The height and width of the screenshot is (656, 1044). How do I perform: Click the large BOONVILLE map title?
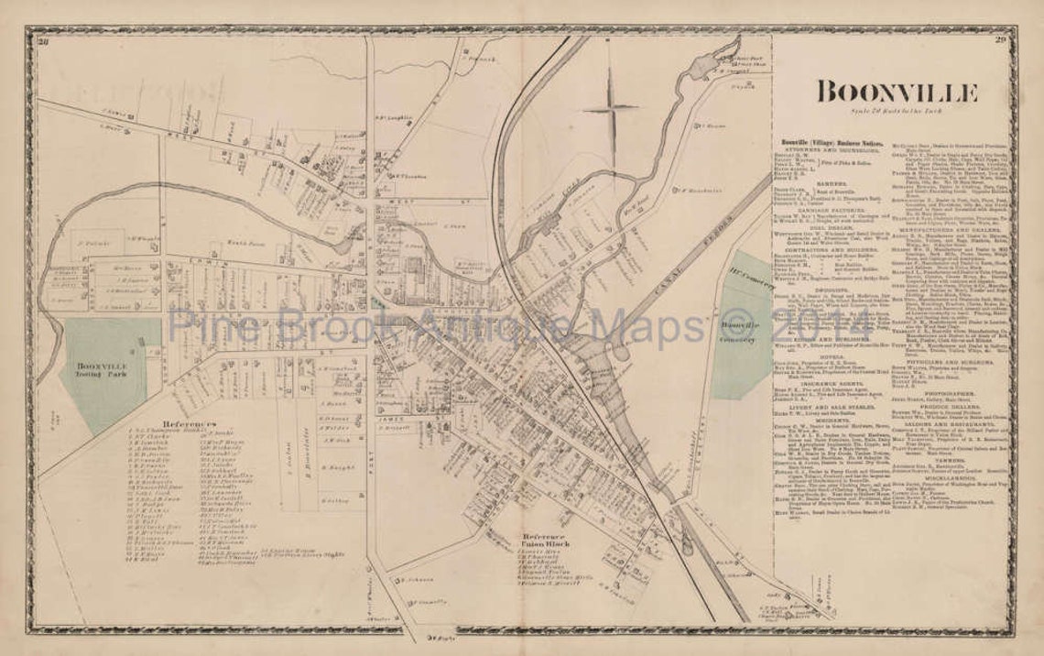click(897, 92)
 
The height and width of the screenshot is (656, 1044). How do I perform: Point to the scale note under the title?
click(896, 112)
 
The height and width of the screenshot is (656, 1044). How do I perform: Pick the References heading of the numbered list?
click(190, 425)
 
